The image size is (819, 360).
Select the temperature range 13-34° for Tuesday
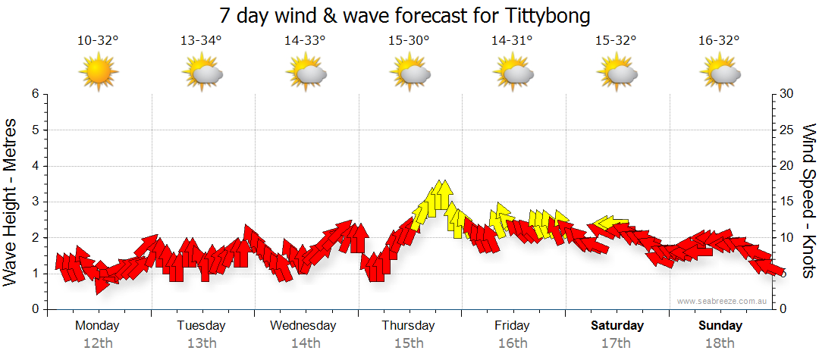click(x=201, y=41)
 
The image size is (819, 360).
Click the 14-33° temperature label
click(x=305, y=41)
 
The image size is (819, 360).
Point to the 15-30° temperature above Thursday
click(x=409, y=41)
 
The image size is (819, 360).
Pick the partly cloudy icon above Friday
click(x=513, y=72)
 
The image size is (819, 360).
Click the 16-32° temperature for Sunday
click(x=720, y=41)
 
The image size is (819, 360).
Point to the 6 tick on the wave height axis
click(x=35, y=94)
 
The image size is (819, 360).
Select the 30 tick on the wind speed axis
click(x=786, y=94)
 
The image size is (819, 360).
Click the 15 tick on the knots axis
click(x=786, y=202)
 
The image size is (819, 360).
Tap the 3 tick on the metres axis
click(x=35, y=202)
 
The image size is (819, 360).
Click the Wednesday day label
click(x=303, y=326)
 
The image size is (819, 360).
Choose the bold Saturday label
click(x=617, y=326)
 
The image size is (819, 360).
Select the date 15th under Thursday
click(x=409, y=343)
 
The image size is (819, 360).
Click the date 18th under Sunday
click(x=720, y=343)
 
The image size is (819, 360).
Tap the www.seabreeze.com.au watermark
click(x=723, y=301)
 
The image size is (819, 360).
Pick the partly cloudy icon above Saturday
click(x=617, y=72)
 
